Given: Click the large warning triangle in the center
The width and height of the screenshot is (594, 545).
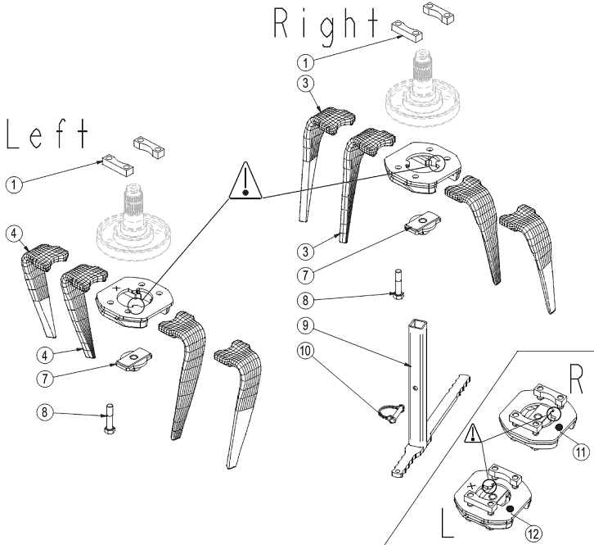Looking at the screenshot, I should coord(246,182).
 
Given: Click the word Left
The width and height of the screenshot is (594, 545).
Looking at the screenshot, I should coord(47,135).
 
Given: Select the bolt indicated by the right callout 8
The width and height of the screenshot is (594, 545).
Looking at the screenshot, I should coord(398,286).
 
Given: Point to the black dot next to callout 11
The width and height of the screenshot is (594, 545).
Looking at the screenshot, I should coord(557,429).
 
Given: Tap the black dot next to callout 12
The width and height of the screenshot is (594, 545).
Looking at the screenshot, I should coord(511,510).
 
